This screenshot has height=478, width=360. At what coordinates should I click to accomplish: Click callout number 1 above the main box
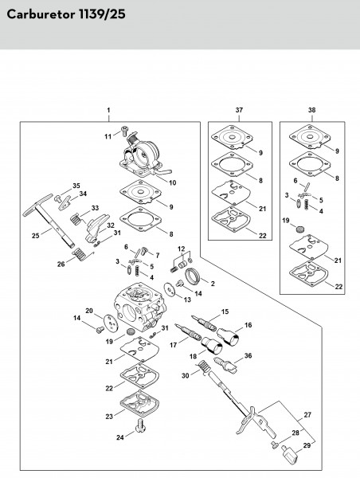coord(109,110)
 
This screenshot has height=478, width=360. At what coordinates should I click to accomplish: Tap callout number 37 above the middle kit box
coord(239,110)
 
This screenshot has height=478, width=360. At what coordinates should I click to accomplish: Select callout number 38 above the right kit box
coord(311,110)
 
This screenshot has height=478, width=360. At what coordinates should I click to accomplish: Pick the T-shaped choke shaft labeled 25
coord(49,221)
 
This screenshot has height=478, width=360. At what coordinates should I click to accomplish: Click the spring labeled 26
coord(82,254)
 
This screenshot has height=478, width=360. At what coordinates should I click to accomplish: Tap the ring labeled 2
coord(193,276)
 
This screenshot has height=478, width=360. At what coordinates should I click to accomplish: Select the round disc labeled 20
coord(111,323)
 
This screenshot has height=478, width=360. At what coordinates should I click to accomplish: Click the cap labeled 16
coord(229,336)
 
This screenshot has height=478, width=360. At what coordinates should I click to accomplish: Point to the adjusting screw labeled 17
coord(188,332)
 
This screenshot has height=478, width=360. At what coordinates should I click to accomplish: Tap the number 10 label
coord(173,182)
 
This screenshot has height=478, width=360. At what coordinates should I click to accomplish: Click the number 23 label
coord(109,416)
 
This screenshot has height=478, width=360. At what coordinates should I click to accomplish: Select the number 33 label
coord(95,208)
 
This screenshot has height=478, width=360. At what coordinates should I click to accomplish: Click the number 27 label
coord(307,414)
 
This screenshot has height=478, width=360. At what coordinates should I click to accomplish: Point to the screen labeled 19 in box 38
coord(301,229)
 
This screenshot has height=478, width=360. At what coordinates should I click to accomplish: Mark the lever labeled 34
coord(65,203)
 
